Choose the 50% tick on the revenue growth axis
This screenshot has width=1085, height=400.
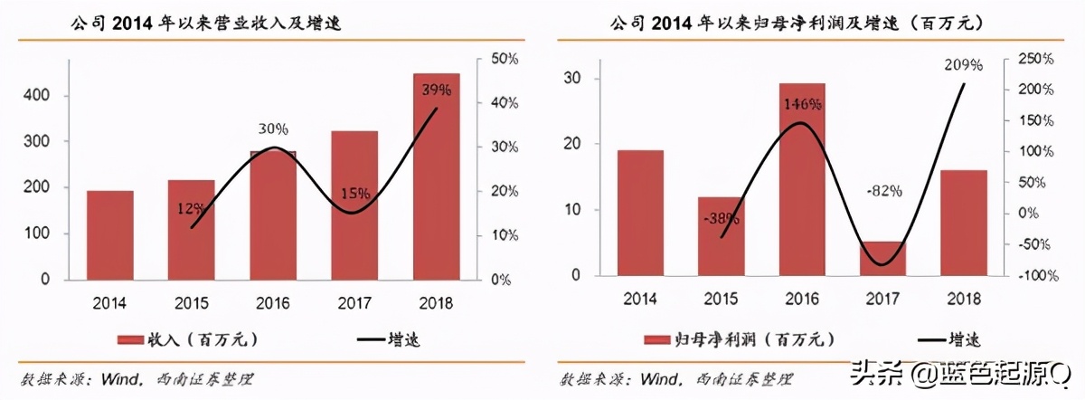(504, 59)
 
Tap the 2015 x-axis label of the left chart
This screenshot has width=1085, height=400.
(191, 303)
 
